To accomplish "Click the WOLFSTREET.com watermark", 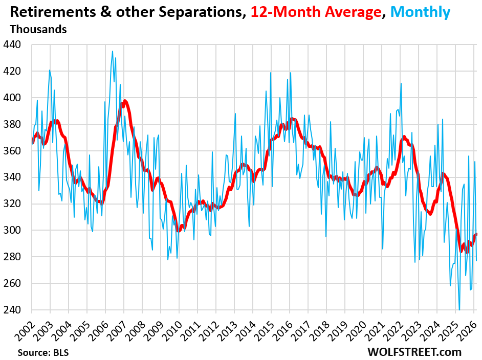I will point(414,352).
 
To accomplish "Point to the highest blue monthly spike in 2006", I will point(113,51).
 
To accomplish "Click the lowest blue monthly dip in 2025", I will point(459,309).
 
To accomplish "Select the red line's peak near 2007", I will point(125,101).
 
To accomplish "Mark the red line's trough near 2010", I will point(179,231).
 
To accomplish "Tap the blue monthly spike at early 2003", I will point(50,70).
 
